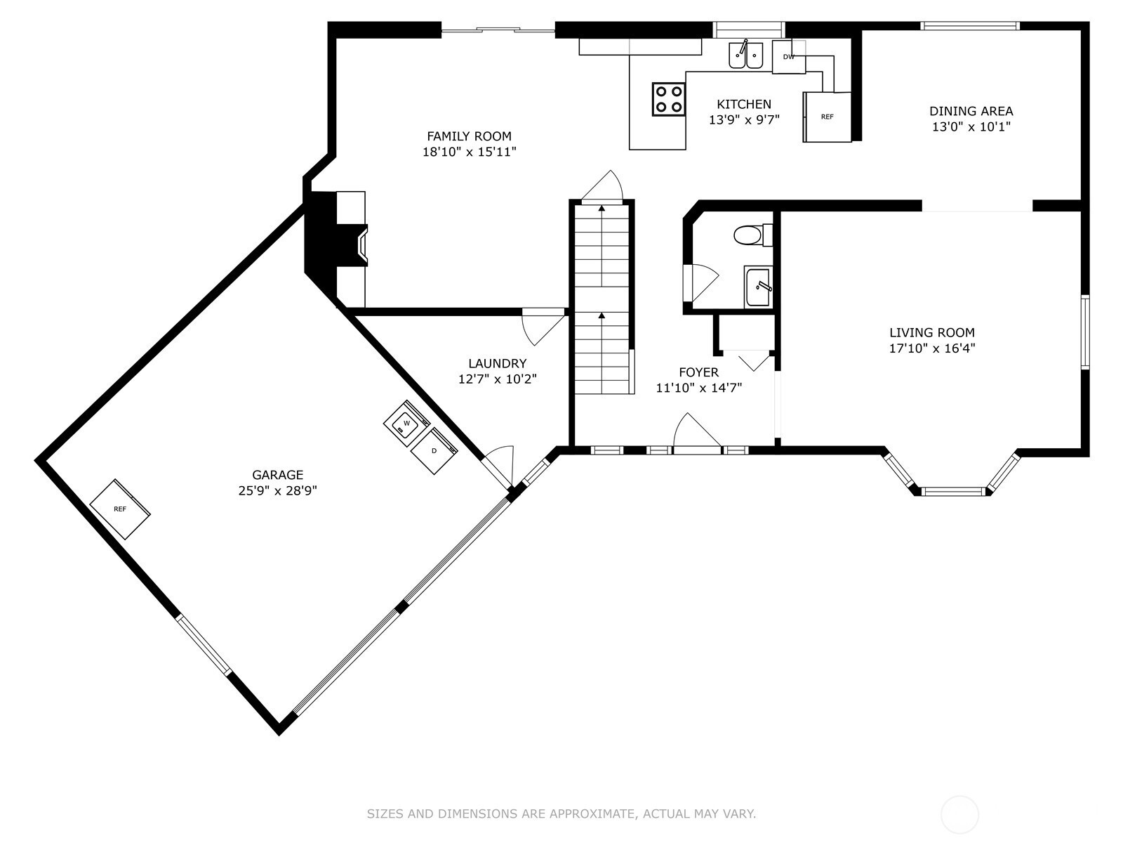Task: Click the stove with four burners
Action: coord(669,99)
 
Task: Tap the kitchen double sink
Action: coord(746,55)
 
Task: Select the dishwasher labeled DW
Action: coord(788,57)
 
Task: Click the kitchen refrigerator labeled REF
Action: coord(827,117)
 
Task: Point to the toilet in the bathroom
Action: coord(753,235)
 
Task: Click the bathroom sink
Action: coord(758,287)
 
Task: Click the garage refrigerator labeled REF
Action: coord(120,509)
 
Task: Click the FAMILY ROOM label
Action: coord(469,136)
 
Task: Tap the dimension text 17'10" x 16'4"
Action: coord(932,348)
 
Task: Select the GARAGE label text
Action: coord(278,474)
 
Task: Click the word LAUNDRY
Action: coord(498,363)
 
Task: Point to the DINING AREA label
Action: coord(971,111)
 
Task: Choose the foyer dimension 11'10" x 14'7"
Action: coord(699,388)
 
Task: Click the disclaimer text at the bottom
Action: coord(561,813)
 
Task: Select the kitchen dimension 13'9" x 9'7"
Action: coord(744,119)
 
